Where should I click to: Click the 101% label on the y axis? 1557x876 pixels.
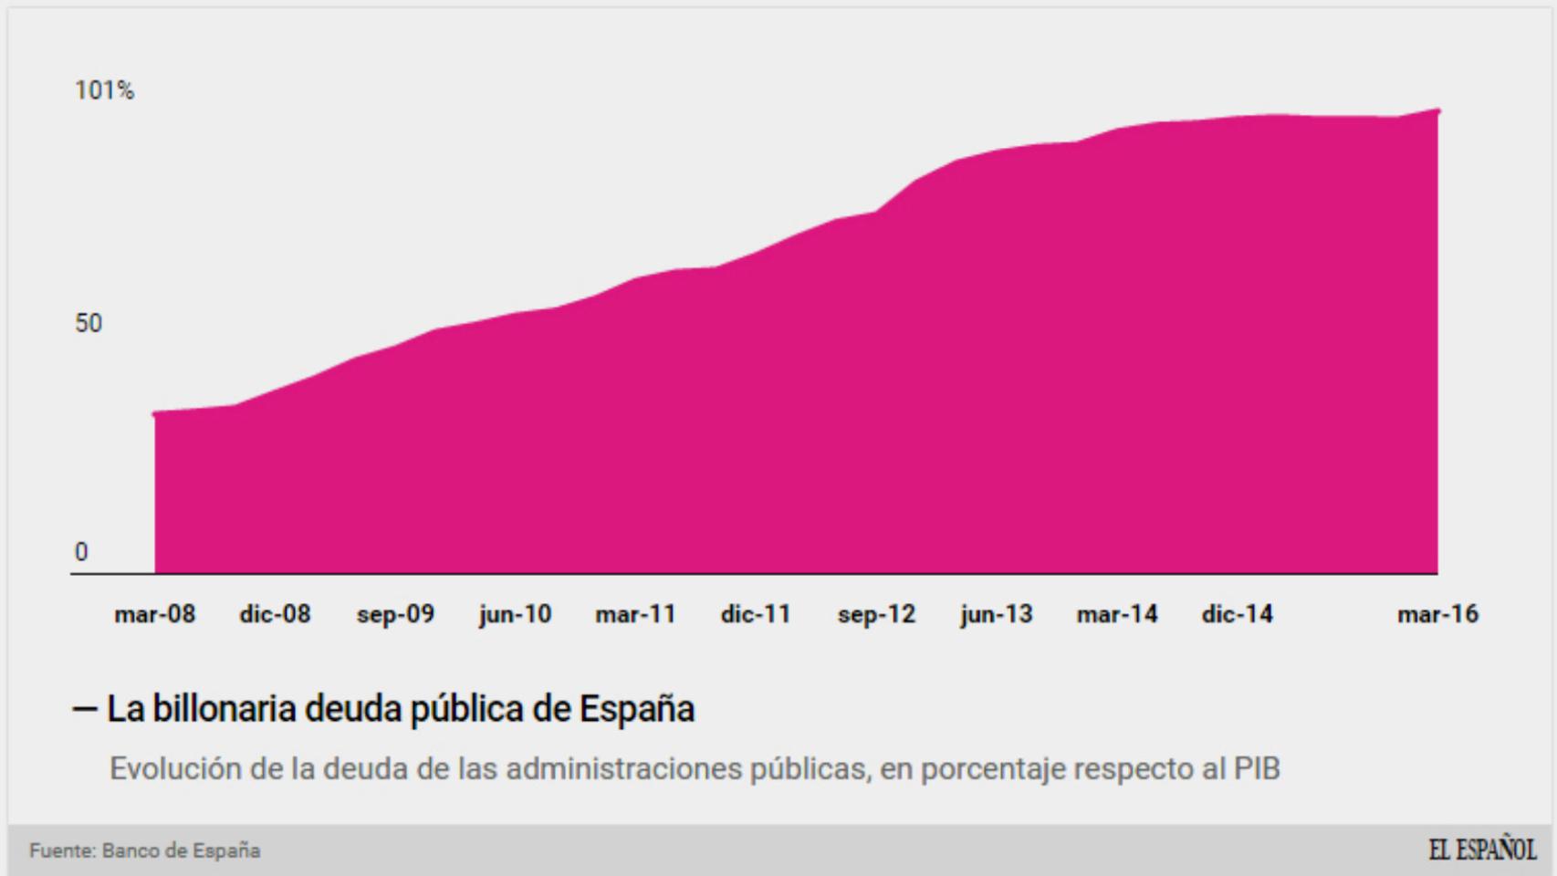(104, 90)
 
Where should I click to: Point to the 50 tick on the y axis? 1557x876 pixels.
(89, 323)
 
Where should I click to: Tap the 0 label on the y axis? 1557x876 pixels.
(81, 552)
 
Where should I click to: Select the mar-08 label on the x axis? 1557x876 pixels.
(154, 614)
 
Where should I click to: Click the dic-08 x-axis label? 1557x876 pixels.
(275, 614)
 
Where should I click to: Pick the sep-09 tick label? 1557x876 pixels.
(395, 614)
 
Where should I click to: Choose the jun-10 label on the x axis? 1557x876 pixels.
(515, 614)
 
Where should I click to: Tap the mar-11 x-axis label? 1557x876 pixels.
(635, 614)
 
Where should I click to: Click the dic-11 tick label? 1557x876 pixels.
(756, 614)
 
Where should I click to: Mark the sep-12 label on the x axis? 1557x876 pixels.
(876, 614)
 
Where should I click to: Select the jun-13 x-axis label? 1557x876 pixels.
(996, 614)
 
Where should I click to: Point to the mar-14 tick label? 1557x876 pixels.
(1116, 614)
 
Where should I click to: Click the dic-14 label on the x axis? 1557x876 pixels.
(1237, 614)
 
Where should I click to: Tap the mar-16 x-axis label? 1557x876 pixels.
(1437, 614)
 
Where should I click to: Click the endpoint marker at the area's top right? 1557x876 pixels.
(1438, 111)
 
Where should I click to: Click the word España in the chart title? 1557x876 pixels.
(636, 709)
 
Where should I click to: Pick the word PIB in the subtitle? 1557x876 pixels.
(1257, 769)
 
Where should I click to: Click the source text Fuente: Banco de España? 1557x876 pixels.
(144, 850)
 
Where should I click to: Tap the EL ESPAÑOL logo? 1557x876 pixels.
(1481, 850)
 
